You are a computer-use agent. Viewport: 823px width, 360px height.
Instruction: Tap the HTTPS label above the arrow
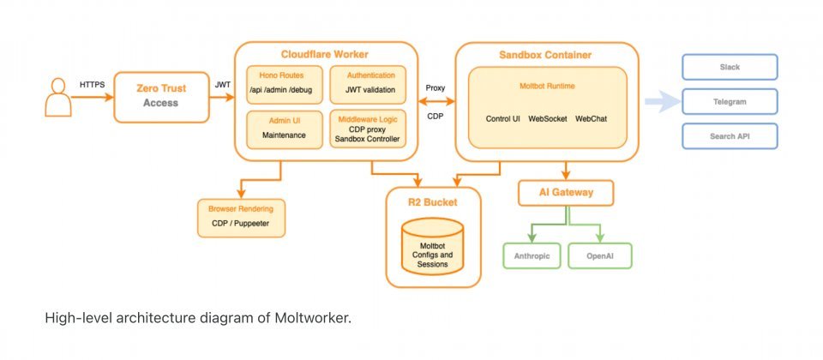tap(93, 85)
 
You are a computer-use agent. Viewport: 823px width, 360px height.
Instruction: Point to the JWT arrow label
tap(222, 85)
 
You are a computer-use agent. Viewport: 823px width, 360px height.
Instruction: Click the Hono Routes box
tap(280, 83)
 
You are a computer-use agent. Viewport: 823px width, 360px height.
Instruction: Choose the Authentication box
tap(365, 83)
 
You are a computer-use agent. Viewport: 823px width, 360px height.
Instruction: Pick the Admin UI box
tap(280, 127)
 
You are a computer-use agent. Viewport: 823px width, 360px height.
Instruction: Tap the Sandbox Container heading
tap(545, 55)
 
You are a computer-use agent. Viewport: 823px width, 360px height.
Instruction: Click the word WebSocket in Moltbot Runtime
tap(549, 118)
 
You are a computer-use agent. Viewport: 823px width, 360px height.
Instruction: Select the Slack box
tap(730, 67)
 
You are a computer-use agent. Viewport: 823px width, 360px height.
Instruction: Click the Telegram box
tap(730, 102)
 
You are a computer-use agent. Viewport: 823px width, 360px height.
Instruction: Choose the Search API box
tap(730, 136)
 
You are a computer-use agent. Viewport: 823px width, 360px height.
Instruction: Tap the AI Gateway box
tap(568, 193)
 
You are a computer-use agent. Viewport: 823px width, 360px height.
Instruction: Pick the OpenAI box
tap(600, 255)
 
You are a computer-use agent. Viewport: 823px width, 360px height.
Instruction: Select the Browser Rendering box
tap(241, 219)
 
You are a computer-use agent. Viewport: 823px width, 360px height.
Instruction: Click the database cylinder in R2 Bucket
tap(433, 243)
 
